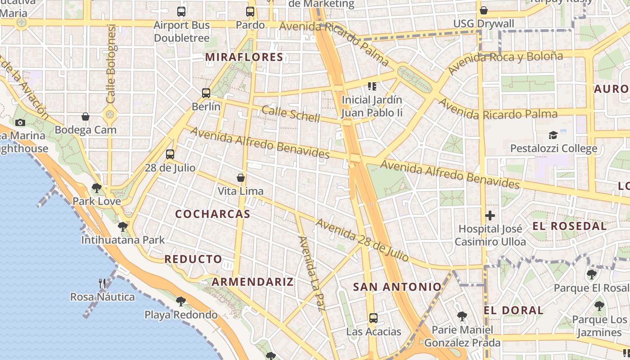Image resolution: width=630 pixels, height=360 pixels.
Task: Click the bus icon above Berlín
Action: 206,93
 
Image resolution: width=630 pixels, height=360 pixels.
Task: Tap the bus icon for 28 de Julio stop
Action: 170,154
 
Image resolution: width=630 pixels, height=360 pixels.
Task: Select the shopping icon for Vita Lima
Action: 241,178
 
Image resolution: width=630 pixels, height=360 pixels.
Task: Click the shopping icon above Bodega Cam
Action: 85,117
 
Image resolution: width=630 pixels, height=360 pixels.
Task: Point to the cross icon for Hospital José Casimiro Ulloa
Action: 490,216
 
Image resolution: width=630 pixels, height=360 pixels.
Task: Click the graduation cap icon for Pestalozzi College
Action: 553,135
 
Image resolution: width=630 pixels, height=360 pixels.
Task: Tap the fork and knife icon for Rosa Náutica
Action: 103,283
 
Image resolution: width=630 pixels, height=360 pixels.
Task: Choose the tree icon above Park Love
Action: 96,188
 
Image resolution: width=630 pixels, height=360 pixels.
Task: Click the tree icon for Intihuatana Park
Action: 123,227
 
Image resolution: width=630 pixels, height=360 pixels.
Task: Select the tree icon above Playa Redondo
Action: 181,301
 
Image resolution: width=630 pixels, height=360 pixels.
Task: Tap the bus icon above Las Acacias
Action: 373,318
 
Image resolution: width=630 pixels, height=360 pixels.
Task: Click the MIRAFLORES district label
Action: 244,57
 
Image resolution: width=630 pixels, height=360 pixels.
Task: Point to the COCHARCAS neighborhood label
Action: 212,214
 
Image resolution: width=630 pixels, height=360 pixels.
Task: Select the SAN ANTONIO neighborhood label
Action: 397,287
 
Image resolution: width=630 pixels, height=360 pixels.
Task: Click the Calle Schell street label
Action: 291,114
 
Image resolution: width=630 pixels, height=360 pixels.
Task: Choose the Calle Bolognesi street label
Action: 111,63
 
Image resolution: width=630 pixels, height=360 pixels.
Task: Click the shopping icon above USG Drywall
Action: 484,10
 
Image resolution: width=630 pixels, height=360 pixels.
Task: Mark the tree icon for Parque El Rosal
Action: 592,274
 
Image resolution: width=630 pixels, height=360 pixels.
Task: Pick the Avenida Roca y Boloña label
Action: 505,62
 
